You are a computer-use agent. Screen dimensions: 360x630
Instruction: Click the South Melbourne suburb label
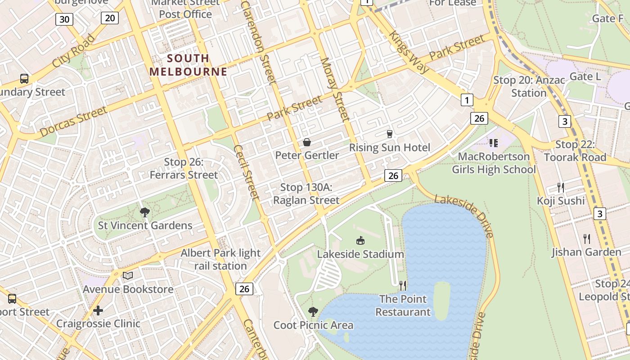(188, 65)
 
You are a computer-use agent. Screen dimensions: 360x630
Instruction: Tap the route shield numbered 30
(64, 19)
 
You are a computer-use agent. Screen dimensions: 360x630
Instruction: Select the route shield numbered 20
(110, 18)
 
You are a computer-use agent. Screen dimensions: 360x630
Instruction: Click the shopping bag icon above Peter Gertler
(307, 142)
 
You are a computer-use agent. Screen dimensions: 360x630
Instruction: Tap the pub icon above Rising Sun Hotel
(390, 134)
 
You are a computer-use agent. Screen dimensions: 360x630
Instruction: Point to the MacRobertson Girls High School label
(494, 163)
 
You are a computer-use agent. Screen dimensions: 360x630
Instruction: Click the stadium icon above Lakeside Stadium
(360, 240)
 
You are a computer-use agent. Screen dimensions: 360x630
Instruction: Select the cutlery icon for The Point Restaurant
(403, 285)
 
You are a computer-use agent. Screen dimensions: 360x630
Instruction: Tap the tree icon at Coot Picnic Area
(313, 311)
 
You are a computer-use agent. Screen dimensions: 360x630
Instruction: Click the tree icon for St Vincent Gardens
(145, 212)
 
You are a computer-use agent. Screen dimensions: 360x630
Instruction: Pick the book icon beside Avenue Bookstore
(128, 275)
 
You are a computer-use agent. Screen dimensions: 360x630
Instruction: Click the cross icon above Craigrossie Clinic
(98, 310)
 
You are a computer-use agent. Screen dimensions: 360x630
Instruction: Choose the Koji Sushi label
(561, 201)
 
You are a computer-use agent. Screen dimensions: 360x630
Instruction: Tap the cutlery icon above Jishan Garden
(587, 238)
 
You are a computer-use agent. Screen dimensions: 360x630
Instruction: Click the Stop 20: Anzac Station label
(529, 86)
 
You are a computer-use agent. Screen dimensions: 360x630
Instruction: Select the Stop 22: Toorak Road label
(575, 151)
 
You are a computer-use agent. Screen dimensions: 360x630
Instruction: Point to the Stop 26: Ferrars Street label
(184, 168)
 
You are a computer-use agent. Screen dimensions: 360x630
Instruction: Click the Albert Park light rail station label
(220, 259)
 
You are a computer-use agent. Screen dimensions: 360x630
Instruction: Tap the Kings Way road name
(409, 52)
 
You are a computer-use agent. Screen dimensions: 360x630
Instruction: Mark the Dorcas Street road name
(73, 121)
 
